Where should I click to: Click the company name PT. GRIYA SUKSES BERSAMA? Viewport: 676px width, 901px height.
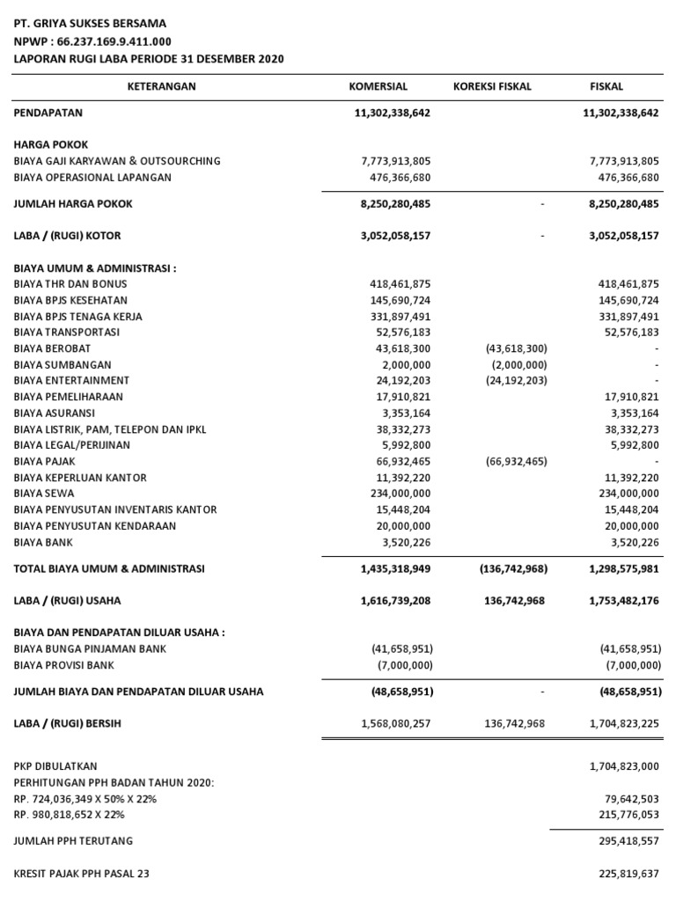coord(89,24)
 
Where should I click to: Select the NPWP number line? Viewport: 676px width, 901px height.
coord(92,41)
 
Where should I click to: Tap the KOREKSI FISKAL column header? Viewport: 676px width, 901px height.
coord(492,86)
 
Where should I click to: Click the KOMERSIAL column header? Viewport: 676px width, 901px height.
coord(378,86)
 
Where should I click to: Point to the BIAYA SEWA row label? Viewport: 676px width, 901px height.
coord(44,494)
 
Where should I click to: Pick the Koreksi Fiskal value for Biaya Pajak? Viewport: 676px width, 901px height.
coord(516,462)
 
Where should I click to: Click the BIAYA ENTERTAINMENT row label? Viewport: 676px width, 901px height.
coord(71,380)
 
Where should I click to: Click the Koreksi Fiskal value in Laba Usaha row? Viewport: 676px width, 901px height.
coord(515,601)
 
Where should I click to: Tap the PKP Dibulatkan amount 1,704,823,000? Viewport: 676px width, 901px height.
coord(624,766)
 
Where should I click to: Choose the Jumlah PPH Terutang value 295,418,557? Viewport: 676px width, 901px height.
coord(628,841)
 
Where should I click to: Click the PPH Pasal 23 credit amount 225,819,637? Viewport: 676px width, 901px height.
coord(628,874)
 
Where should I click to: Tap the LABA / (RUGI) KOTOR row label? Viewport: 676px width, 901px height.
coord(67,236)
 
